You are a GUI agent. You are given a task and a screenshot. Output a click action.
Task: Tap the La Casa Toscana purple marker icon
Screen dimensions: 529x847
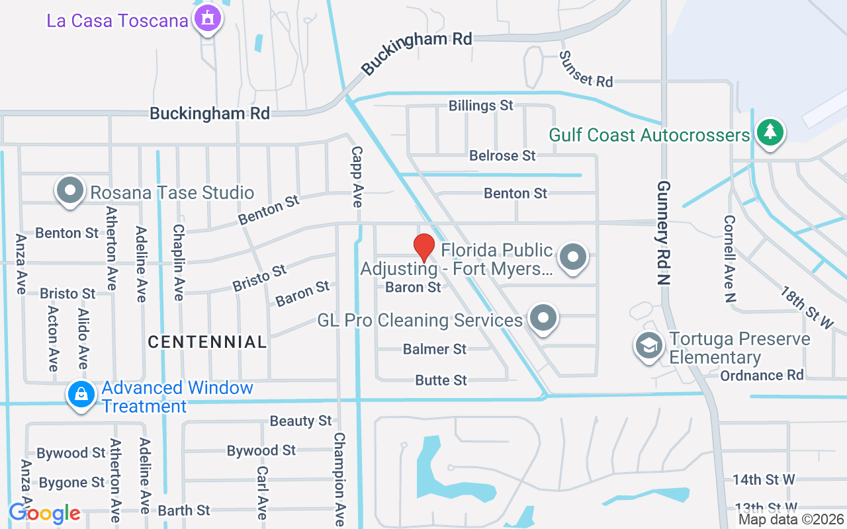click(208, 19)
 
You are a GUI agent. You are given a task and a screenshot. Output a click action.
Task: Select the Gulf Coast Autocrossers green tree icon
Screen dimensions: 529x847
click(769, 132)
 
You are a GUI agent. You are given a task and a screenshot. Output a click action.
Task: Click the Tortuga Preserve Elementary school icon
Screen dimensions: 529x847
click(649, 345)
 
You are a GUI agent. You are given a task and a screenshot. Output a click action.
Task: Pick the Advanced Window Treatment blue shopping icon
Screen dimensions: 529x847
click(81, 395)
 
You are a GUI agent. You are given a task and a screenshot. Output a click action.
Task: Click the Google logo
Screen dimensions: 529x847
click(44, 512)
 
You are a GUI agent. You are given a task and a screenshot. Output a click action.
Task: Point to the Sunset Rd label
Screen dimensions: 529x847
click(586, 69)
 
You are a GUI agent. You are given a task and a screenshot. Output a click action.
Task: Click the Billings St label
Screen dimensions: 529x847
click(481, 105)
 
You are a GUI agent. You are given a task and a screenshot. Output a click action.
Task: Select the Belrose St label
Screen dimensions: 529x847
click(502, 155)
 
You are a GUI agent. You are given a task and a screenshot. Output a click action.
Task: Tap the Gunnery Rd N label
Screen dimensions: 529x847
click(663, 232)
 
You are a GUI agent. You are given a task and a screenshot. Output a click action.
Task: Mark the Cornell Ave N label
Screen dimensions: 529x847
click(729, 259)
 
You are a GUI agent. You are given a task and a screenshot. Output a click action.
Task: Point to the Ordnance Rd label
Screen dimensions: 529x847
click(762, 375)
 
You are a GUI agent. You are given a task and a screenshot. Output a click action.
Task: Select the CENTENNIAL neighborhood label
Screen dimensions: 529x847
click(207, 342)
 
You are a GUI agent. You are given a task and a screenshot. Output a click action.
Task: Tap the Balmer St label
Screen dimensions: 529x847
click(435, 348)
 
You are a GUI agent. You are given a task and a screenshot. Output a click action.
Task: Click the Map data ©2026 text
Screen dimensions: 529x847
click(791, 520)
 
